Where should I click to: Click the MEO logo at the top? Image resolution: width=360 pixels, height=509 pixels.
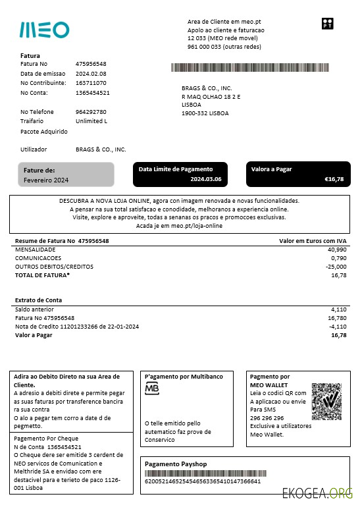point(44,30)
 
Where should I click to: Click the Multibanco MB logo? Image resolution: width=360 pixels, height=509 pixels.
point(152,389)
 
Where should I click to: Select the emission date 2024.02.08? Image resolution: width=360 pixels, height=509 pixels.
point(91,74)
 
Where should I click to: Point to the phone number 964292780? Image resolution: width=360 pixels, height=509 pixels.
point(91,112)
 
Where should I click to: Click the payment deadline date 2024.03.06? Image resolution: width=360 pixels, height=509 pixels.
point(206,179)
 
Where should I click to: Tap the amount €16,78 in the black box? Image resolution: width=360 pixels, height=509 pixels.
point(334,179)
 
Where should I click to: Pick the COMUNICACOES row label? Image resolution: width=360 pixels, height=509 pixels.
point(39,258)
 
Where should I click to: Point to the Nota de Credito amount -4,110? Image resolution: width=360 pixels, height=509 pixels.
point(337,326)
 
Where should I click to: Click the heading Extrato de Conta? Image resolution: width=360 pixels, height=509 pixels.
point(39,300)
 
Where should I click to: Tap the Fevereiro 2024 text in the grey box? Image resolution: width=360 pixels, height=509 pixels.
point(46,180)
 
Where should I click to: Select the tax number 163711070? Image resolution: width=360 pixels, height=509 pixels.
point(91,83)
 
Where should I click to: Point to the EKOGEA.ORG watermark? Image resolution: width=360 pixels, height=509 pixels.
point(317,494)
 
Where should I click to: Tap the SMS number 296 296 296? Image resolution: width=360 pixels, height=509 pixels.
point(267,418)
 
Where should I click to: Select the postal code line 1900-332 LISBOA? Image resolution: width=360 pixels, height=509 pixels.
point(205,113)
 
